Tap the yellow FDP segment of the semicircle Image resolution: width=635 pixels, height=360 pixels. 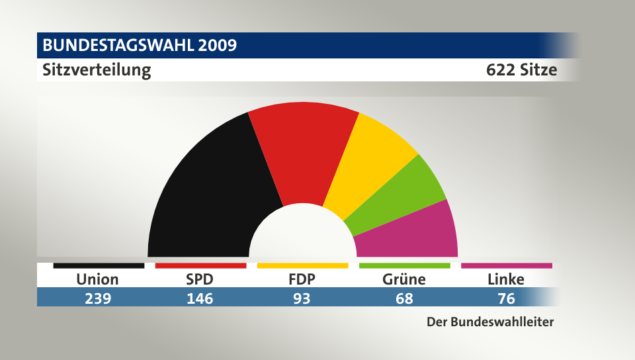[367, 162]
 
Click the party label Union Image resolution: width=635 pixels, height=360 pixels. [97, 279]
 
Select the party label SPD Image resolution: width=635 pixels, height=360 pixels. [200, 279]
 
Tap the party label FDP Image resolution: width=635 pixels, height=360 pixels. [302, 279]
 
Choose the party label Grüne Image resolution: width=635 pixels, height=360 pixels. [404, 279]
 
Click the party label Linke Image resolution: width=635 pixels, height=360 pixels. [506, 279]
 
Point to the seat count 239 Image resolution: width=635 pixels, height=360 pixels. [97, 298]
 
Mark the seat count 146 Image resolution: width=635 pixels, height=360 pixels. [200, 298]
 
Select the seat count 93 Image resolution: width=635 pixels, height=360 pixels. [302, 298]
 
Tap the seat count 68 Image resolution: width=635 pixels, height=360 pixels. [404, 298]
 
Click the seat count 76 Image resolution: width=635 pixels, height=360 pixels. [506, 298]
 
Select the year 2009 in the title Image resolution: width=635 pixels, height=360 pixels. [216, 46]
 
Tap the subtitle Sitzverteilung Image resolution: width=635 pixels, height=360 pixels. [97, 69]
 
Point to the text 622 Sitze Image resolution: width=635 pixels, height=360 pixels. [521, 69]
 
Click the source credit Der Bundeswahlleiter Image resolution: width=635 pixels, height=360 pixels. [490, 322]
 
